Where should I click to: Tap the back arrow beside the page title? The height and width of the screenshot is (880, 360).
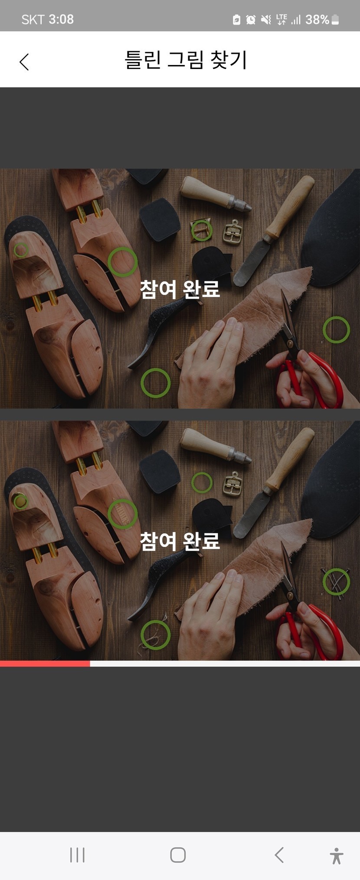24,62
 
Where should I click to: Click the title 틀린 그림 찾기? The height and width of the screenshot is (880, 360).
186,60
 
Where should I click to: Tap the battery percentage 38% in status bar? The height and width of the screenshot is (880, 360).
317,20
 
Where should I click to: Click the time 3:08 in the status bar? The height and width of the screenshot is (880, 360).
61,20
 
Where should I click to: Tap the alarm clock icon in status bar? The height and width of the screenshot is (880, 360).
251,20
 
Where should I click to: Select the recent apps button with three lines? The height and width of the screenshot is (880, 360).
77,855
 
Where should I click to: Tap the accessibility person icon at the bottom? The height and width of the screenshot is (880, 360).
336,855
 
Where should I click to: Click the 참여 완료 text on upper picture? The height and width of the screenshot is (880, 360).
180,289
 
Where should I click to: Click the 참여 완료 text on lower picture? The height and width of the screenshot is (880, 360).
180,541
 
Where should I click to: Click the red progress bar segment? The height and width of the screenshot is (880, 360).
45,663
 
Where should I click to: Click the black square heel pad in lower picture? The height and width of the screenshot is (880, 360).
160,471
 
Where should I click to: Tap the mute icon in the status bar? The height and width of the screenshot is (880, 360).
265,20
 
